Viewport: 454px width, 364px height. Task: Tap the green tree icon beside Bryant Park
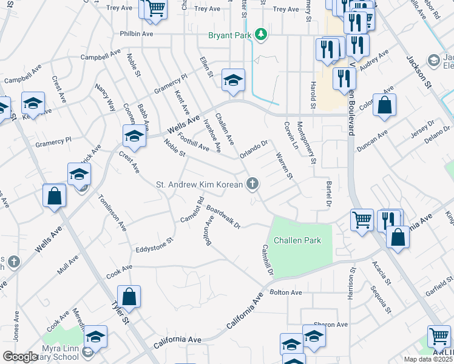pyautogui.click(x=261, y=34)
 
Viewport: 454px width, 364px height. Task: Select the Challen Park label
pyautogui.click(x=297, y=240)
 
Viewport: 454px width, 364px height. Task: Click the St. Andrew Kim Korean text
pyautogui.click(x=199, y=184)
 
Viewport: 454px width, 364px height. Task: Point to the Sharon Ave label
pyautogui.click(x=330, y=325)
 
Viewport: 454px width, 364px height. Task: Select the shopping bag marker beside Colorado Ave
pyautogui.click(x=384, y=106)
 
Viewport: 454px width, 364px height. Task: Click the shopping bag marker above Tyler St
pyautogui.click(x=129, y=297)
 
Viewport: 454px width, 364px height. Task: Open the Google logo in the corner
pyautogui.click(x=21, y=357)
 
